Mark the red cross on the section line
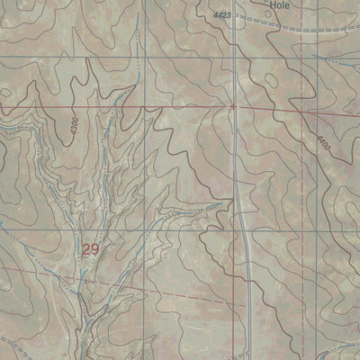click(x=231, y=106)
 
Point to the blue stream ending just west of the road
click(x=212, y=205)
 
